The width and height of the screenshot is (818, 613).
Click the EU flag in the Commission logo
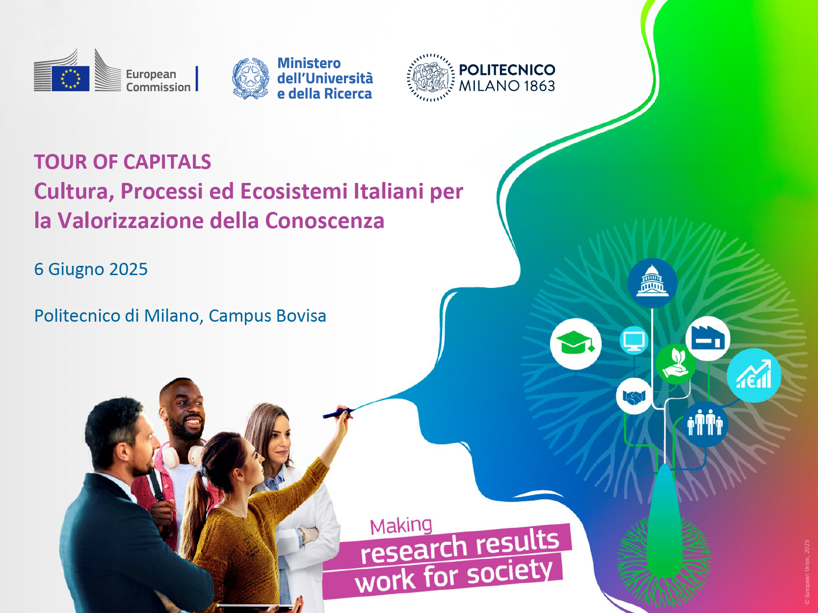[x=71, y=78]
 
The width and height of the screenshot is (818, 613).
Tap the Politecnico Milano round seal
[x=430, y=77]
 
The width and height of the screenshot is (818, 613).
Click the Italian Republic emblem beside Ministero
[x=250, y=78]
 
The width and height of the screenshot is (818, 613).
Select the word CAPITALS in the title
[x=167, y=162]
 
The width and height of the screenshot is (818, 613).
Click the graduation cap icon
[x=576, y=343]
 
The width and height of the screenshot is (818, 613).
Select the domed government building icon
[x=652, y=282]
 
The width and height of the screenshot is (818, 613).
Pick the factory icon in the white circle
[x=708, y=338]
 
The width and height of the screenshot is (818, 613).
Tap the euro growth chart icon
[x=754, y=375]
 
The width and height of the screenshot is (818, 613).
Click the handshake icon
[x=634, y=396]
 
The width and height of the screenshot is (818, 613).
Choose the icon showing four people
[x=705, y=423]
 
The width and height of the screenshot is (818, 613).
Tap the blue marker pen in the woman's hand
[x=338, y=412]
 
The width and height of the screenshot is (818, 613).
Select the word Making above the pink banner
[x=401, y=526]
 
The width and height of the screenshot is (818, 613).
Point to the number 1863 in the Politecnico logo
[x=540, y=86]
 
